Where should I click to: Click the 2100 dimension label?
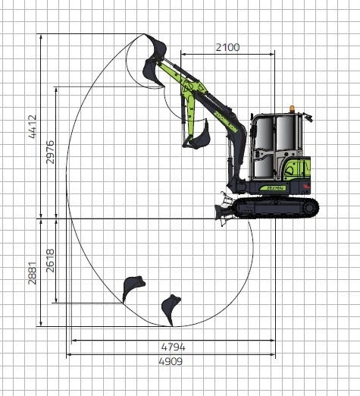click(x=227, y=47)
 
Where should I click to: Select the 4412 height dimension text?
click(x=33, y=127)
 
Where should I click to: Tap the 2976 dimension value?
click(x=50, y=152)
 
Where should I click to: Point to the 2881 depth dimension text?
click(x=32, y=273)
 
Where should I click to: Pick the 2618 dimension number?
click(x=50, y=261)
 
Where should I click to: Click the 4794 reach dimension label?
click(x=173, y=347)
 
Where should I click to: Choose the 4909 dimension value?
click(x=171, y=361)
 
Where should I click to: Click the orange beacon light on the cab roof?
click(x=292, y=108)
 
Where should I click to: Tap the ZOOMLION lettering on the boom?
click(x=225, y=121)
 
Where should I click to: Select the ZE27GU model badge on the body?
click(x=276, y=188)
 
